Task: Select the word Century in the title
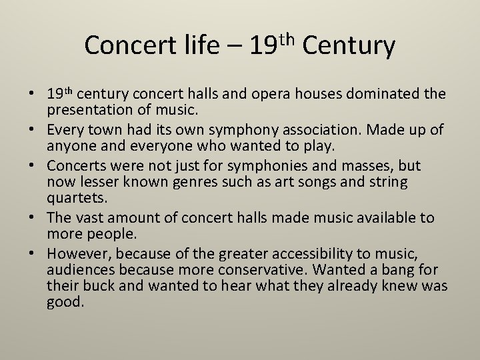(349, 45)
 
